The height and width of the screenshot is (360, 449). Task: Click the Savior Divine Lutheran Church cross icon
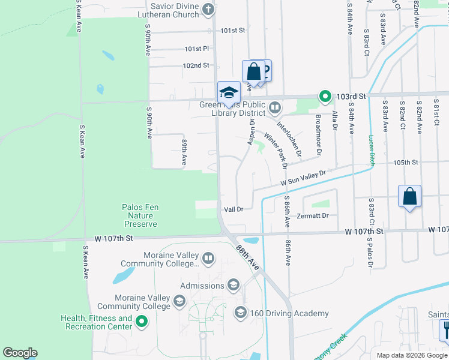click(x=208, y=8)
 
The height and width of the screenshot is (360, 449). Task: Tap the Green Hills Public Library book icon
click(x=274, y=107)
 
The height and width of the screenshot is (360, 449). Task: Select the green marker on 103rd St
click(x=325, y=96)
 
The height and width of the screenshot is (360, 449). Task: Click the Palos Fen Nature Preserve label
click(x=141, y=215)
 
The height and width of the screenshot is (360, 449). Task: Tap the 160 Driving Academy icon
click(x=240, y=312)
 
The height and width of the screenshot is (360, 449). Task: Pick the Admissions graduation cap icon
click(x=234, y=284)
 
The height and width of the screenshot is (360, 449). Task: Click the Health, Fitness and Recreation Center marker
click(x=142, y=322)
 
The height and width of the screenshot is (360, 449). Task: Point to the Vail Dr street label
click(x=233, y=209)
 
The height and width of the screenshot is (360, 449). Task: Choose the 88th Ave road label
click(x=247, y=255)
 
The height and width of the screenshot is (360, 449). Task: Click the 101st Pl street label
click(x=196, y=49)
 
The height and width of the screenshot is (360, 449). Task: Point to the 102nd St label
click(x=196, y=65)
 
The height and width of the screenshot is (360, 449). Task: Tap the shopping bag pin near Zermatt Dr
click(x=409, y=196)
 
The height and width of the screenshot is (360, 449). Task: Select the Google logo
click(x=20, y=353)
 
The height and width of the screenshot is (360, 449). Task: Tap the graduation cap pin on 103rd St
click(x=229, y=92)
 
